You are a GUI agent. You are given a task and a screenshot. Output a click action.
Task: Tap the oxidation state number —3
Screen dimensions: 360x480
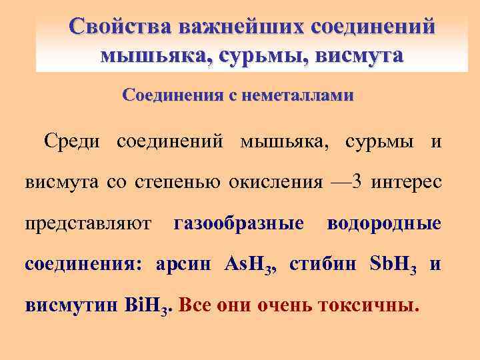click(345, 183)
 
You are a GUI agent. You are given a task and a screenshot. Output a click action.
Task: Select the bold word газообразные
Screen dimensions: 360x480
click(239, 223)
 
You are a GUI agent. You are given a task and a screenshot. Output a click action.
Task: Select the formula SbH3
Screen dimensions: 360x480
click(393, 265)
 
